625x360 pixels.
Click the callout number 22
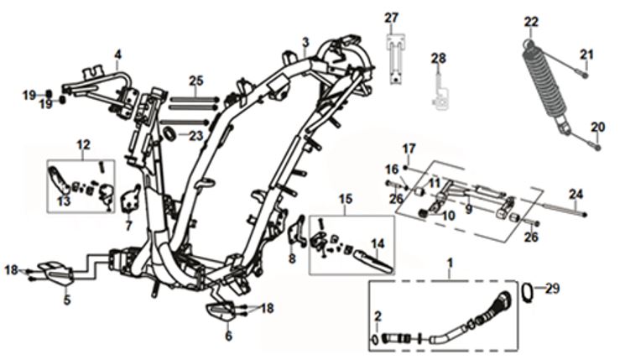tap(531, 22)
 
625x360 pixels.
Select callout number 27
tap(391, 18)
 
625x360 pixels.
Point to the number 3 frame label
tap(305, 41)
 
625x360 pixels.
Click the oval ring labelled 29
tap(529, 293)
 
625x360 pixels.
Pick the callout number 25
tap(196, 81)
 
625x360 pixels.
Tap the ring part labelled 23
tap(169, 134)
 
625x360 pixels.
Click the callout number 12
tap(83, 144)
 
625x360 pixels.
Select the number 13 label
tap(64, 201)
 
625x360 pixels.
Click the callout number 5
tap(67, 300)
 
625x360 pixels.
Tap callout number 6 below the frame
tap(228, 336)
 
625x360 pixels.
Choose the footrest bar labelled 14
tap(372, 262)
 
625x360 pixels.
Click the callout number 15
tap(346, 199)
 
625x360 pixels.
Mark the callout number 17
tap(409, 149)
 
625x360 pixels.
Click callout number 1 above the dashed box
tap(450, 263)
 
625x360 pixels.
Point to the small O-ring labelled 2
tap(375, 340)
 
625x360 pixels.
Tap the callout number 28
tap(438, 58)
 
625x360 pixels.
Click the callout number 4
tap(117, 55)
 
